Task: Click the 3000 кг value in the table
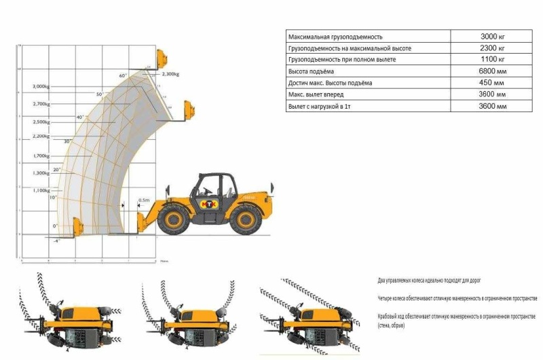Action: coord(492,37)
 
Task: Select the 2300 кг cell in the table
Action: coord(492,49)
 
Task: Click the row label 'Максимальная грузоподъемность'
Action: coord(336,37)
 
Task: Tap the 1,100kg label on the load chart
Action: coord(41,190)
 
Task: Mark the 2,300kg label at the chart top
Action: coord(168,74)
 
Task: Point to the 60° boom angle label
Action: coord(123,75)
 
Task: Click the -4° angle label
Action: coord(58,241)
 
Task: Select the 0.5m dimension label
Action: coord(143,200)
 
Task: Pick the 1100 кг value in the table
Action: coord(492,60)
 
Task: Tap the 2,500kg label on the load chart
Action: coord(41,122)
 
